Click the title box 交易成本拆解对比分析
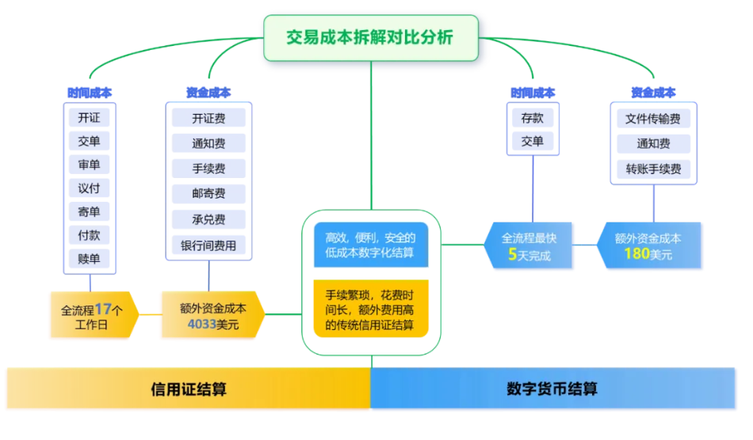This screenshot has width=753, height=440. coord(371,37)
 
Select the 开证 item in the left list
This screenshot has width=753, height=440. coord(89,118)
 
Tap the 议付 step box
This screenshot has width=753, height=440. coord(89,188)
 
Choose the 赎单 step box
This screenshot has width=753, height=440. coord(89,259)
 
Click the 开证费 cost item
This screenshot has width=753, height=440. coord(208,119)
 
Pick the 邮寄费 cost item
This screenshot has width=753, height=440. coord(208,194)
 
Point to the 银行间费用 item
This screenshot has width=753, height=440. coord(208,245)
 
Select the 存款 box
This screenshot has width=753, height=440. coord(533,119)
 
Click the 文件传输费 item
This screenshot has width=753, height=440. coord(653,119)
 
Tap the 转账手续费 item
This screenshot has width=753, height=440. coord(653,169)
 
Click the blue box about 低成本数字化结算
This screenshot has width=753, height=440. coord(371,245)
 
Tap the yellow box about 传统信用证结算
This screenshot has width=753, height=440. coord(371,309)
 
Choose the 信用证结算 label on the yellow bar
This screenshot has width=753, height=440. coord(189,389)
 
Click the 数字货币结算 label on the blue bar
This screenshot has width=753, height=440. coord(552,389)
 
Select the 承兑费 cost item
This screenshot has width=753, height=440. coord(208,219)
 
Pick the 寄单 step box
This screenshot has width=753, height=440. coord(89,212)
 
